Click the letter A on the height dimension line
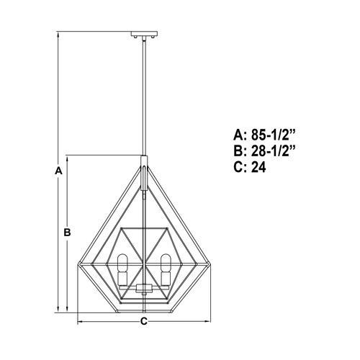[58, 171]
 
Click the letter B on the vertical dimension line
[66, 233]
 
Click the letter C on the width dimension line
[144, 321]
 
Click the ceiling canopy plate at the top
[144, 33]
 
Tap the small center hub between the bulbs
[144, 289]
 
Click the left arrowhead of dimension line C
[80, 321]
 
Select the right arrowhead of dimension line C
[208, 321]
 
